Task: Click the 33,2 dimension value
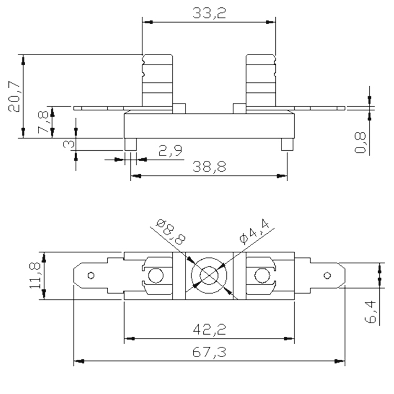(209, 13)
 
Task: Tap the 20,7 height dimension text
(14, 97)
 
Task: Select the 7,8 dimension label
(43, 122)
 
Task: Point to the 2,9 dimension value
(170, 151)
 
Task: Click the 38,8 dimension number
(209, 167)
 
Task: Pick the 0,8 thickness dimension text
(360, 142)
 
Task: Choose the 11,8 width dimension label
(35, 275)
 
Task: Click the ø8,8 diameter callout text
(171, 232)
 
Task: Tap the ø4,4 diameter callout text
(255, 231)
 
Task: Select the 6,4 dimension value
(370, 312)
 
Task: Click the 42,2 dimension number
(209, 329)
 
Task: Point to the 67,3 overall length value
(209, 352)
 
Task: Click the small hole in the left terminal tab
(91, 276)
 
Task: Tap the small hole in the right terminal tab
(327, 276)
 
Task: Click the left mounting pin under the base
(131, 144)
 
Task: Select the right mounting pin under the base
(287, 144)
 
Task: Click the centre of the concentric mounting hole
(209, 276)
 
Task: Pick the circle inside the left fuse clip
(156, 276)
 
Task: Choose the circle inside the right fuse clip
(262, 276)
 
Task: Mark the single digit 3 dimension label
(69, 144)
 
